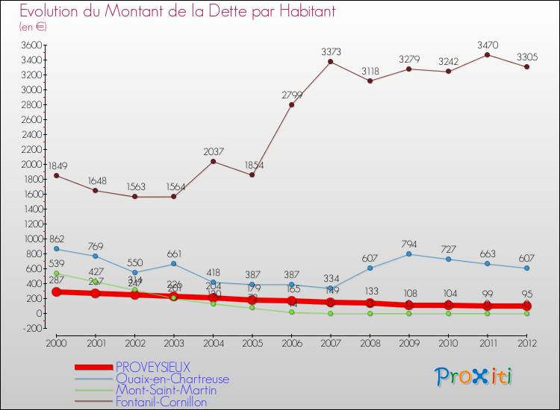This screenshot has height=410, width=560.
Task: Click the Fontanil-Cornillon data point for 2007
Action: click(331, 61)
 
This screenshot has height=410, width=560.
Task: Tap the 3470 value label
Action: click(488, 45)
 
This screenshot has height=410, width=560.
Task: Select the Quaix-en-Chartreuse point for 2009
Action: click(409, 254)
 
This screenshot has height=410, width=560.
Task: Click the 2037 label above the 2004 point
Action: click(214, 152)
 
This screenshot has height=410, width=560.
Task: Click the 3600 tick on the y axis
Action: click(31, 45)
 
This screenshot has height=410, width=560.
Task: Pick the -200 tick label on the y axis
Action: click(31, 328)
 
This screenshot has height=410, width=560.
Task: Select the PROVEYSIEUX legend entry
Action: click(152, 367)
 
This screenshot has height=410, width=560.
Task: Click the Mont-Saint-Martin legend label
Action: click(166, 391)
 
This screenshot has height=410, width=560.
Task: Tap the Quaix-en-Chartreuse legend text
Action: click(172, 379)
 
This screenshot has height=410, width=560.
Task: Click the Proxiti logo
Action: click(474, 376)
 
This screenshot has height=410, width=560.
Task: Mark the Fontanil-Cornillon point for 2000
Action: click(57, 175)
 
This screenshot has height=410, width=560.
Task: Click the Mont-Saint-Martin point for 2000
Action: click(57, 273)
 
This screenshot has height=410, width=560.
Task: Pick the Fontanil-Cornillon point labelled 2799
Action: click(291, 104)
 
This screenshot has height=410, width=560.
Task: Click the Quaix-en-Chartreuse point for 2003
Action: click(174, 264)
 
